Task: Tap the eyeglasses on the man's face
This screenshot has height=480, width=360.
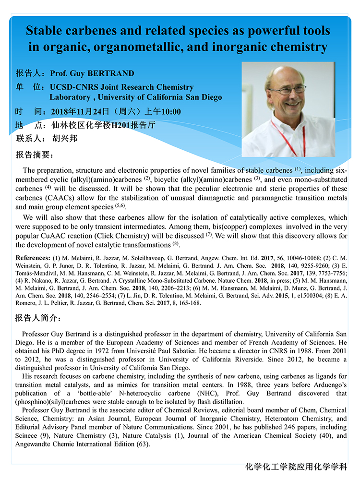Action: coord(287,90)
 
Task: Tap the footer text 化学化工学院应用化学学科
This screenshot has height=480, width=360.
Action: coord(296,467)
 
